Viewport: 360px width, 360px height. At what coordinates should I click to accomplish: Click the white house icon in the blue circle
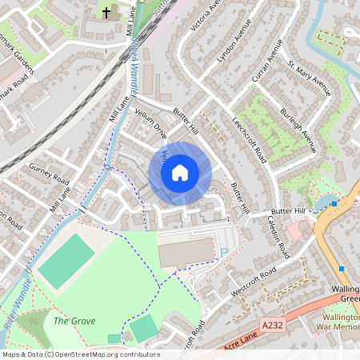[179, 173]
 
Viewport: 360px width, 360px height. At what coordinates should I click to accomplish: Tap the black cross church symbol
[107, 13]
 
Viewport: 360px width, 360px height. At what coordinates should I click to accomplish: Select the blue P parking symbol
[223, 251]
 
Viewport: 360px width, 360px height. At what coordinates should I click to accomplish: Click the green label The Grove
[74, 321]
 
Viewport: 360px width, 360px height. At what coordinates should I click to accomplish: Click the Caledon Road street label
[277, 232]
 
